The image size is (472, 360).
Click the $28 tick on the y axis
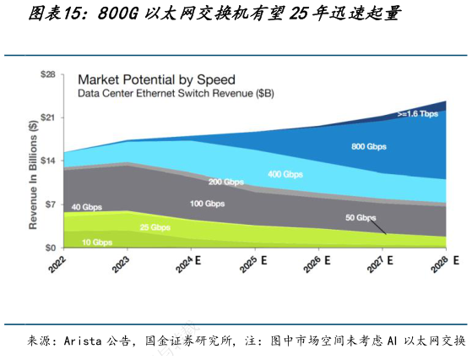click(47, 74)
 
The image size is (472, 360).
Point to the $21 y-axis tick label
click(47, 117)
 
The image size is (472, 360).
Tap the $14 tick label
click(47, 161)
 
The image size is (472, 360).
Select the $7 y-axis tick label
click(49, 205)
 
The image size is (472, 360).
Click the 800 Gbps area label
click(368, 146)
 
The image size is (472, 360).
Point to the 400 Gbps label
click(285, 174)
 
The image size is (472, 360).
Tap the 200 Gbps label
click(226, 182)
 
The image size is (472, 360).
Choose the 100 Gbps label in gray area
click(207, 204)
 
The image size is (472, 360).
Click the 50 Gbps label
click(361, 217)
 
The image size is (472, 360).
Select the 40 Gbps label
click(88, 207)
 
